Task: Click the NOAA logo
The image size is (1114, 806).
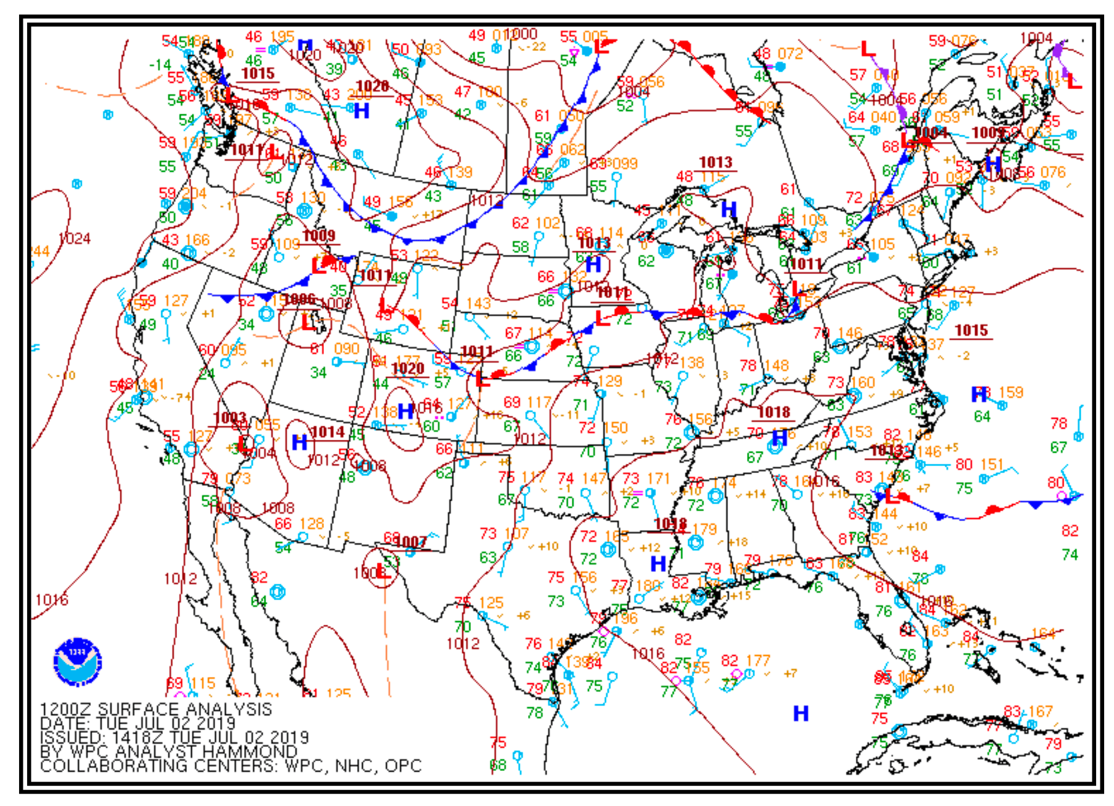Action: (77, 662)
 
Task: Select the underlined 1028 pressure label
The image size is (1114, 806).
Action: (373, 87)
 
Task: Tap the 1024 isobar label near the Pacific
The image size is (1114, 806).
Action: (74, 238)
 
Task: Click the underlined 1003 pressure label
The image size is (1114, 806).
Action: (230, 418)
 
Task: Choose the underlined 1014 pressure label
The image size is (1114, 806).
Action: (328, 432)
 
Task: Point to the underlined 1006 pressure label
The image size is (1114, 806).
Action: (300, 299)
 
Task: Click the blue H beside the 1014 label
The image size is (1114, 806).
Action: (299, 442)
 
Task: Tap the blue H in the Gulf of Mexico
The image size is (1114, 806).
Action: (800, 713)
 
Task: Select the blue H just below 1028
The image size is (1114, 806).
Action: (361, 111)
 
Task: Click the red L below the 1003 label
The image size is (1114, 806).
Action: (244, 443)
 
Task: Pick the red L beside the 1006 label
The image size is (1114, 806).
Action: (307, 322)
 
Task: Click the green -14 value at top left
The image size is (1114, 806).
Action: (160, 65)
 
